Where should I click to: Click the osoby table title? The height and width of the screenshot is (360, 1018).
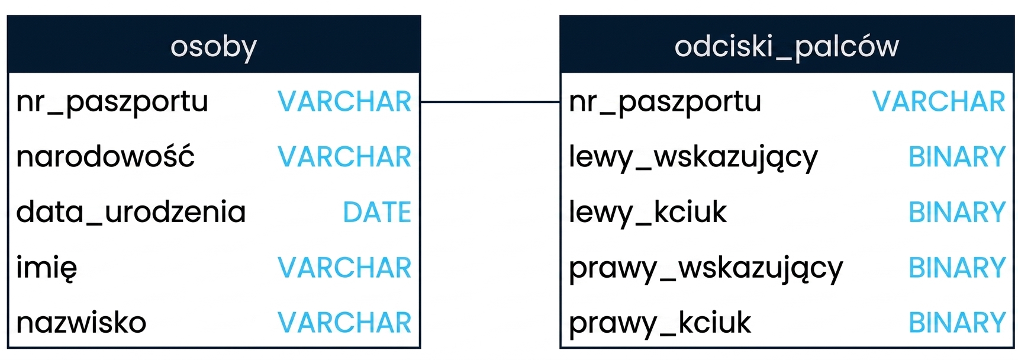click(x=214, y=47)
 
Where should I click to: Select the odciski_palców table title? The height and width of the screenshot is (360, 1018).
click(x=787, y=46)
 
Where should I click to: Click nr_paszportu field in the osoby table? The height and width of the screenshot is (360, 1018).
click(x=112, y=102)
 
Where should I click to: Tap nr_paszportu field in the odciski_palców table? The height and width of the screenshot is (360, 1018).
click(x=665, y=102)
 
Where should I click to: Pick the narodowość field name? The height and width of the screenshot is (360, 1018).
click(x=105, y=156)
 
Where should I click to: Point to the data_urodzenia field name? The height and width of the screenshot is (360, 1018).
click(x=131, y=212)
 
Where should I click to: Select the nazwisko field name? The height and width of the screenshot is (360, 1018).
click(x=81, y=323)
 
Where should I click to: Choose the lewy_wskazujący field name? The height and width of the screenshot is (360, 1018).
click(x=693, y=157)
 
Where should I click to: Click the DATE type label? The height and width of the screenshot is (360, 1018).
click(x=377, y=212)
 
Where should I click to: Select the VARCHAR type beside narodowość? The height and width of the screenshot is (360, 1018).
click(x=344, y=157)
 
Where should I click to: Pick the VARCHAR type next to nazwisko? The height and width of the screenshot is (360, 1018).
click(x=344, y=323)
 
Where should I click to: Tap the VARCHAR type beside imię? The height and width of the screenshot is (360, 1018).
click(x=344, y=268)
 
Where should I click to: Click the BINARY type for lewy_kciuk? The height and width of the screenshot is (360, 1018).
click(x=957, y=212)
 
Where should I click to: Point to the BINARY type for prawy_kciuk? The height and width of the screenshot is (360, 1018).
click(x=957, y=323)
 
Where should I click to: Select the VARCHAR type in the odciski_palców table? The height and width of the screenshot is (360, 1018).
click(x=939, y=101)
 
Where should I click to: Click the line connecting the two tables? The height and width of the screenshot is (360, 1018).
click(x=490, y=102)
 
